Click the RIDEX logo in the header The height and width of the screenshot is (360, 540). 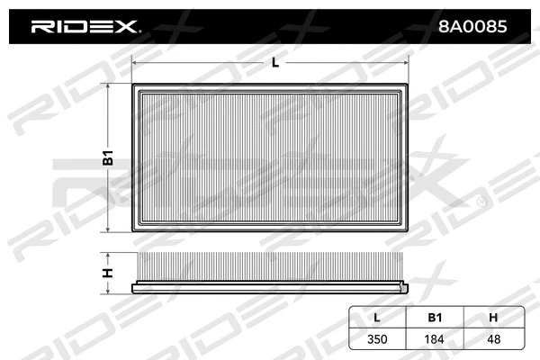[x=85, y=27]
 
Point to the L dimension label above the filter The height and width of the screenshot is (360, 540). [x=274, y=62]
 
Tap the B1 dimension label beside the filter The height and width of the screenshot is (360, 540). [x=107, y=158]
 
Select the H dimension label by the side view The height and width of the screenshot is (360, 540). [x=107, y=273]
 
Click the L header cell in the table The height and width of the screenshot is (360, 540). [x=377, y=317]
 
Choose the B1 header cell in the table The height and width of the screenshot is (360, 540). [x=434, y=317]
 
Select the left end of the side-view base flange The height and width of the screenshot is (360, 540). [x=133, y=289]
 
